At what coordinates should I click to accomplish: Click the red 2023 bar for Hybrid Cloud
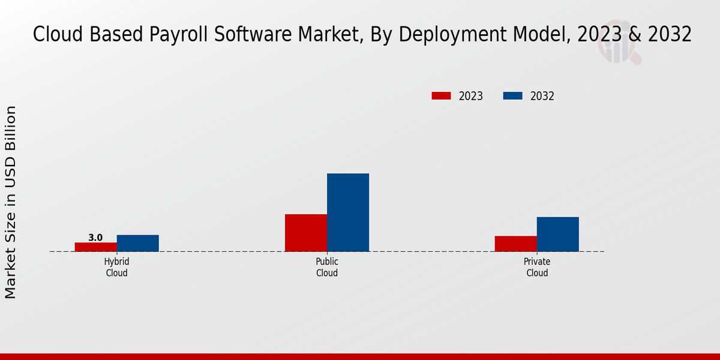point(96,247)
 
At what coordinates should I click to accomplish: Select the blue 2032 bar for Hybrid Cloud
point(138,243)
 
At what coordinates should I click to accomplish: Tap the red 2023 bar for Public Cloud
point(306,233)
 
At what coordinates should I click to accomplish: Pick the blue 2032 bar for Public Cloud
point(348,212)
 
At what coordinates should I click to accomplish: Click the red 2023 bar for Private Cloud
point(516,244)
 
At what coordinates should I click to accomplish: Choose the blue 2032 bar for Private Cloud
point(558,234)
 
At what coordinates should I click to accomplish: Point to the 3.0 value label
point(95,238)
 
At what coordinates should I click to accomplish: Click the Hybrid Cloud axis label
point(116,268)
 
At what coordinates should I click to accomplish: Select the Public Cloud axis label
point(327,268)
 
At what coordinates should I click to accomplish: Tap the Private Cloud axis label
point(537,268)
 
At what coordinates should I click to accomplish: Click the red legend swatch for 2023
point(441,96)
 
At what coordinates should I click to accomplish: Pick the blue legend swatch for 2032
point(512,96)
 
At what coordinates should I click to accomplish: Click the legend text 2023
point(471,96)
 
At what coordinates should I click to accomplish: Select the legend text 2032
point(542,96)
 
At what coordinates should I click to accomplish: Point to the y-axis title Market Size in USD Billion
point(11,202)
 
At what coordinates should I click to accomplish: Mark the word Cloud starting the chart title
point(55,35)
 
